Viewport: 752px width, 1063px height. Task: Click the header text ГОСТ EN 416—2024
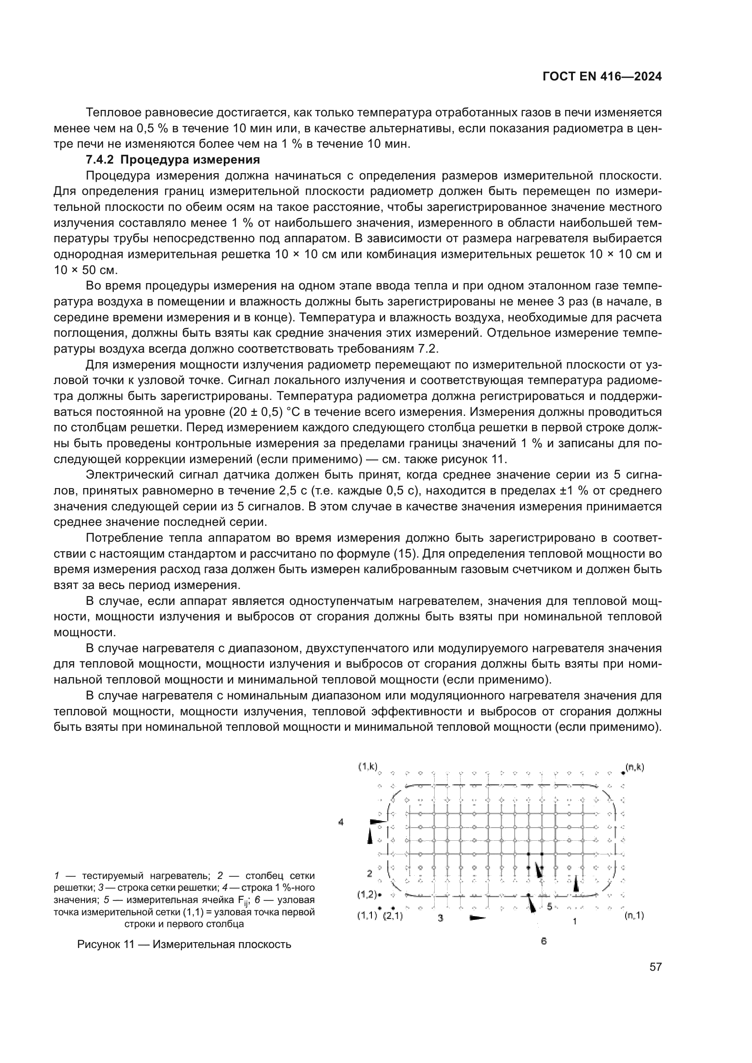[x=602, y=77]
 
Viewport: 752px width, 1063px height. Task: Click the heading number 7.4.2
[x=100, y=160]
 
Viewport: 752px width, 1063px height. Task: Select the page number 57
[x=655, y=967]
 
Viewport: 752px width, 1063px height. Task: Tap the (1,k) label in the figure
[x=368, y=767]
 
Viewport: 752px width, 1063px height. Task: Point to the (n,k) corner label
[x=634, y=767]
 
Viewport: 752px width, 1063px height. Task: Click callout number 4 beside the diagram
[x=341, y=822]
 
